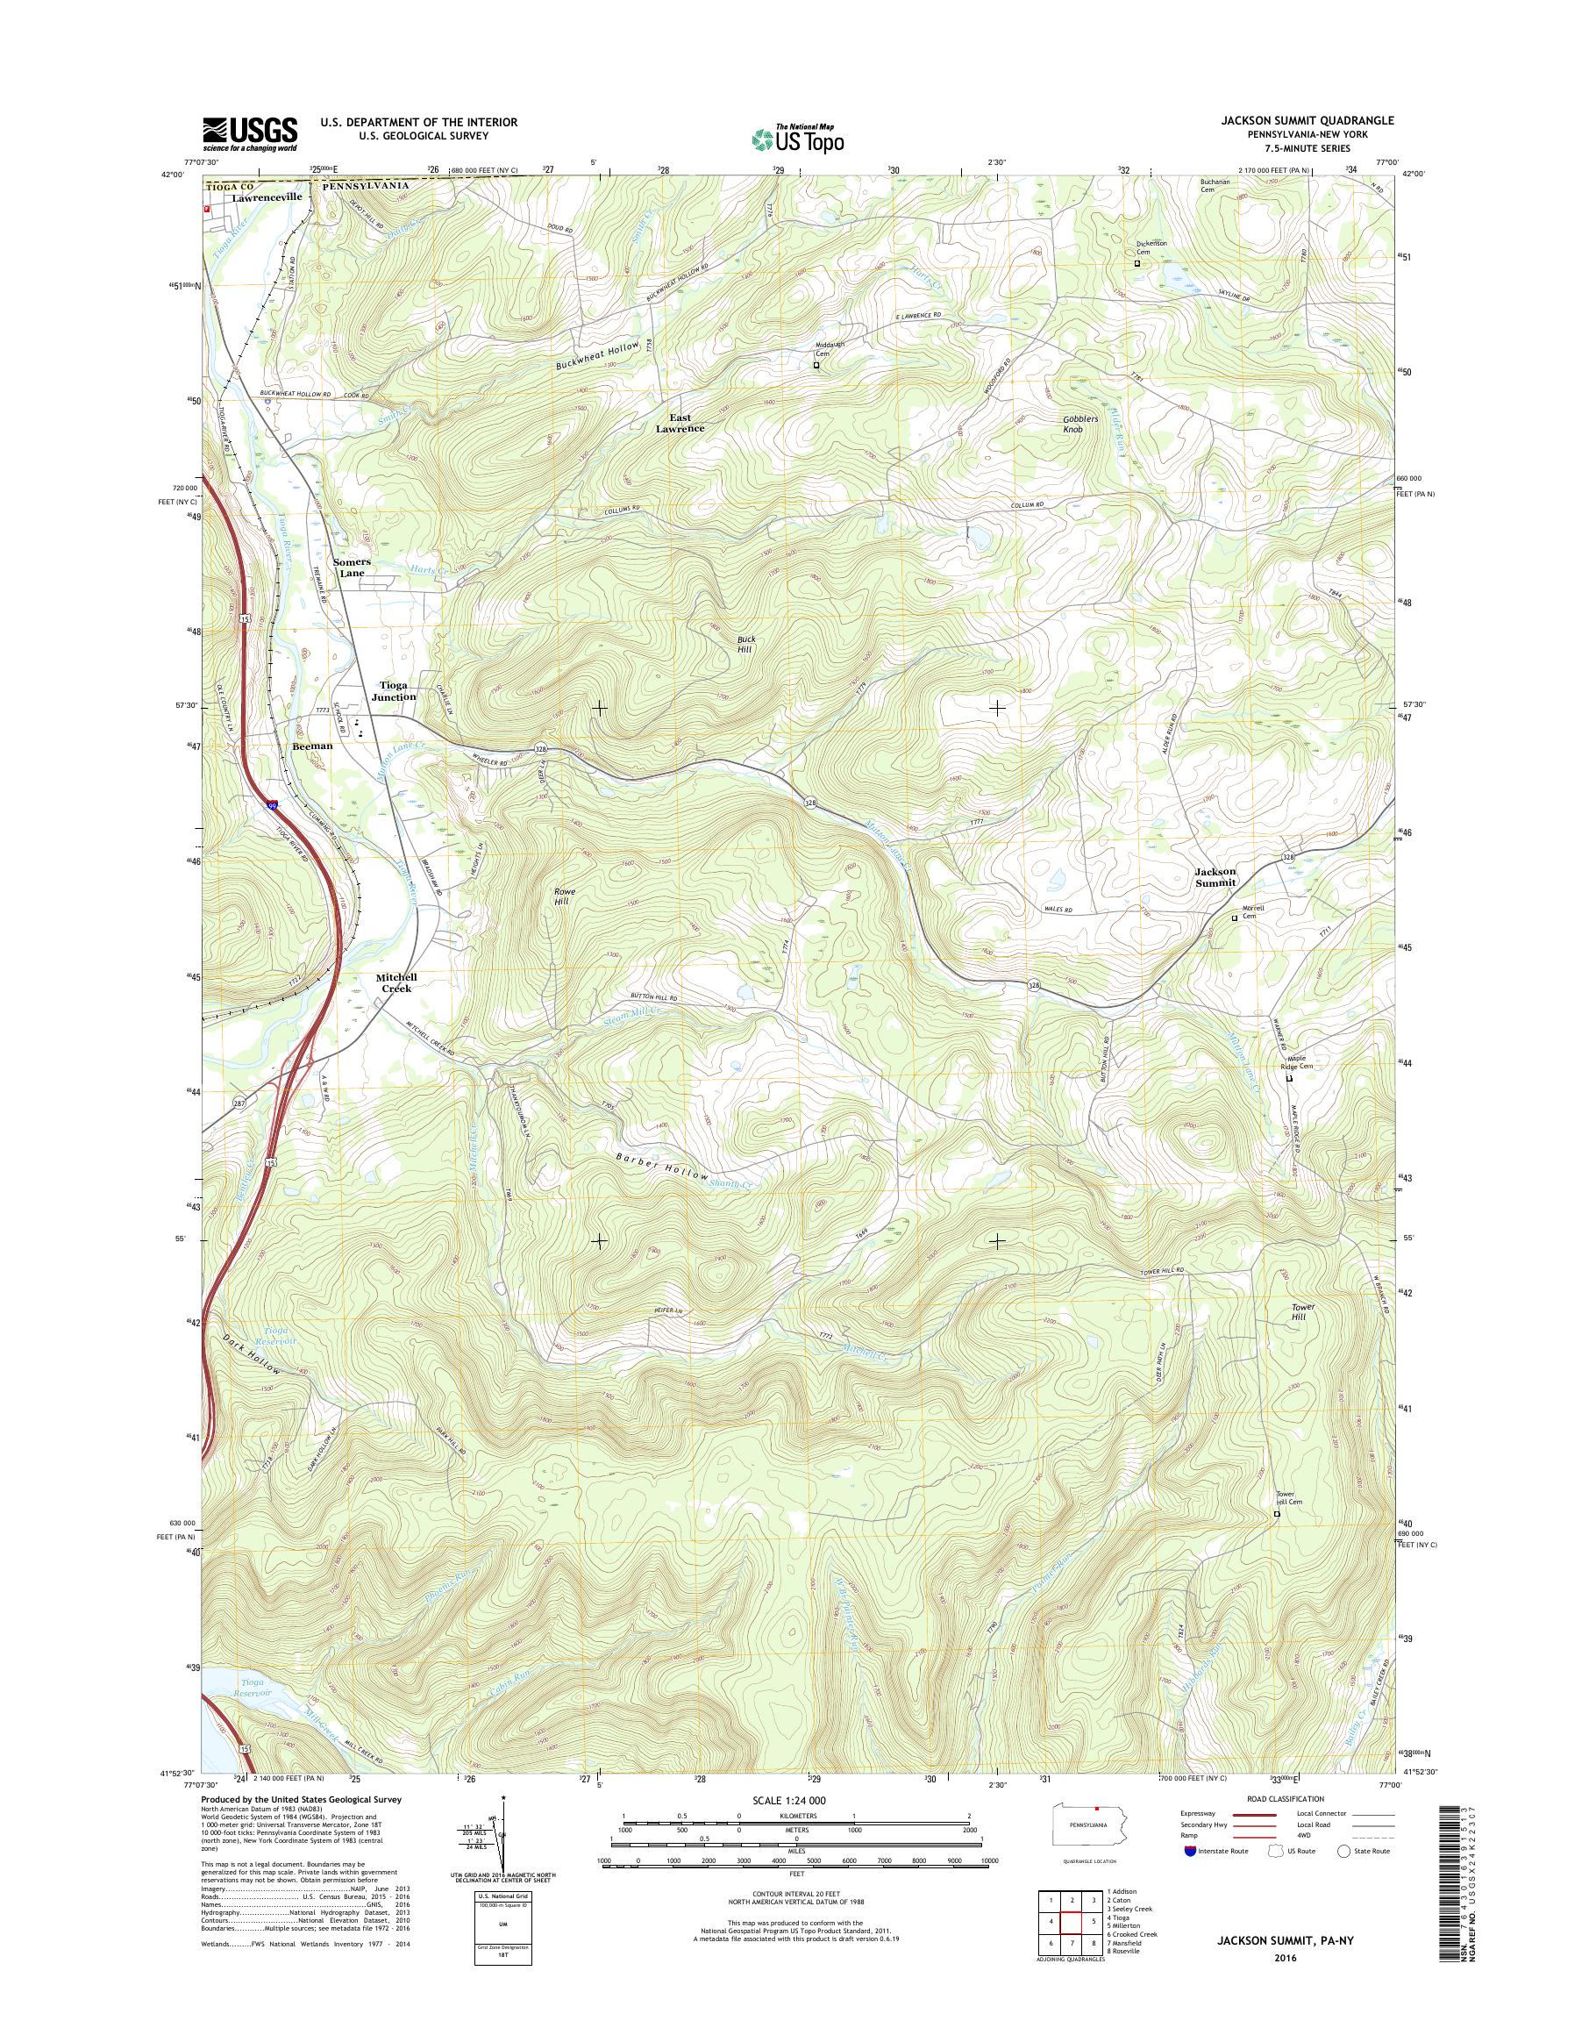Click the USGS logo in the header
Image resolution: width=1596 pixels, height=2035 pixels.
pos(251,132)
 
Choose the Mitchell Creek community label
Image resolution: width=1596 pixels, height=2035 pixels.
pos(395,982)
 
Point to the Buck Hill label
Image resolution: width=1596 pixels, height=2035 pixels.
pos(745,643)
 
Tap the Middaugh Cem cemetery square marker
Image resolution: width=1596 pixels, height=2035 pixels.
pos(816,367)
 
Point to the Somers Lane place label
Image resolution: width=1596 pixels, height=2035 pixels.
pos(353,568)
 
